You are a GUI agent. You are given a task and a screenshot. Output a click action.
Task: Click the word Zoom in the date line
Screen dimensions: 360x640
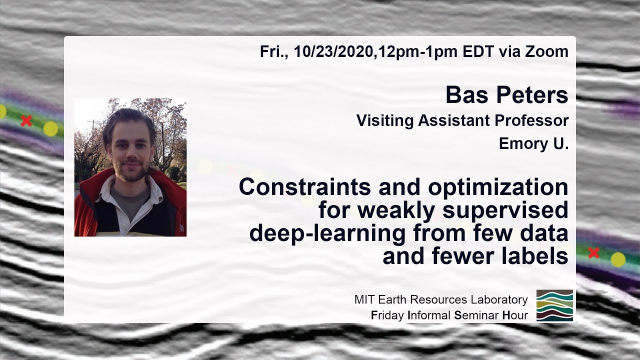(545, 51)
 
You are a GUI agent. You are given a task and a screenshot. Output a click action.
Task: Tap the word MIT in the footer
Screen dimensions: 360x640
(363, 300)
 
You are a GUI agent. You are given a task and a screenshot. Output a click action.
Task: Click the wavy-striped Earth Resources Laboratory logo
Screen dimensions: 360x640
(554, 305)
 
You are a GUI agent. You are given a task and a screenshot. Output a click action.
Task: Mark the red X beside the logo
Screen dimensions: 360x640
(593, 253)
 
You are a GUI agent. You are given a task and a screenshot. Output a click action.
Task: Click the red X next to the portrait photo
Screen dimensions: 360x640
(26, 120)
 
